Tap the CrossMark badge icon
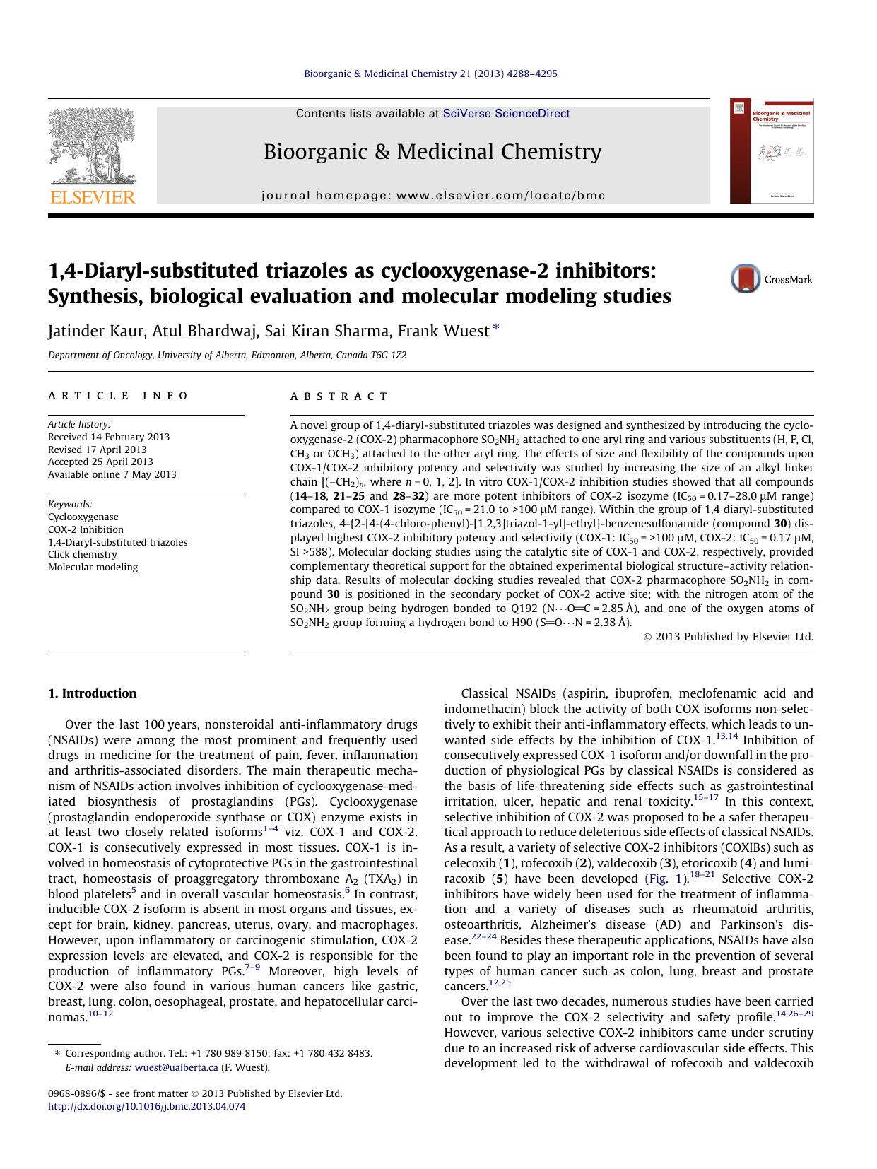(x=746, y=278)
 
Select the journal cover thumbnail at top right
(x=772, y=151)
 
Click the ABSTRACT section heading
(x=339, y=396)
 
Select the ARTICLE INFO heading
(x=118, y=396)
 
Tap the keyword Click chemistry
(x=82, y=554)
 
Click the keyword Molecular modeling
(x=93, y=567)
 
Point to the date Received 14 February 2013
(x=109, y=437)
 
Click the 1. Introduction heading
(x=92, y=693)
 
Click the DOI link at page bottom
(x=146, y=1106)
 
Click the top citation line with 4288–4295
(x=430, y=74)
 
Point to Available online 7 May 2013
(x=112, y=474)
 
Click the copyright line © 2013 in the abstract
(x=729, y=636)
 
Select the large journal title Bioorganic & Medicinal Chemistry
(x=432, y=151)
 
